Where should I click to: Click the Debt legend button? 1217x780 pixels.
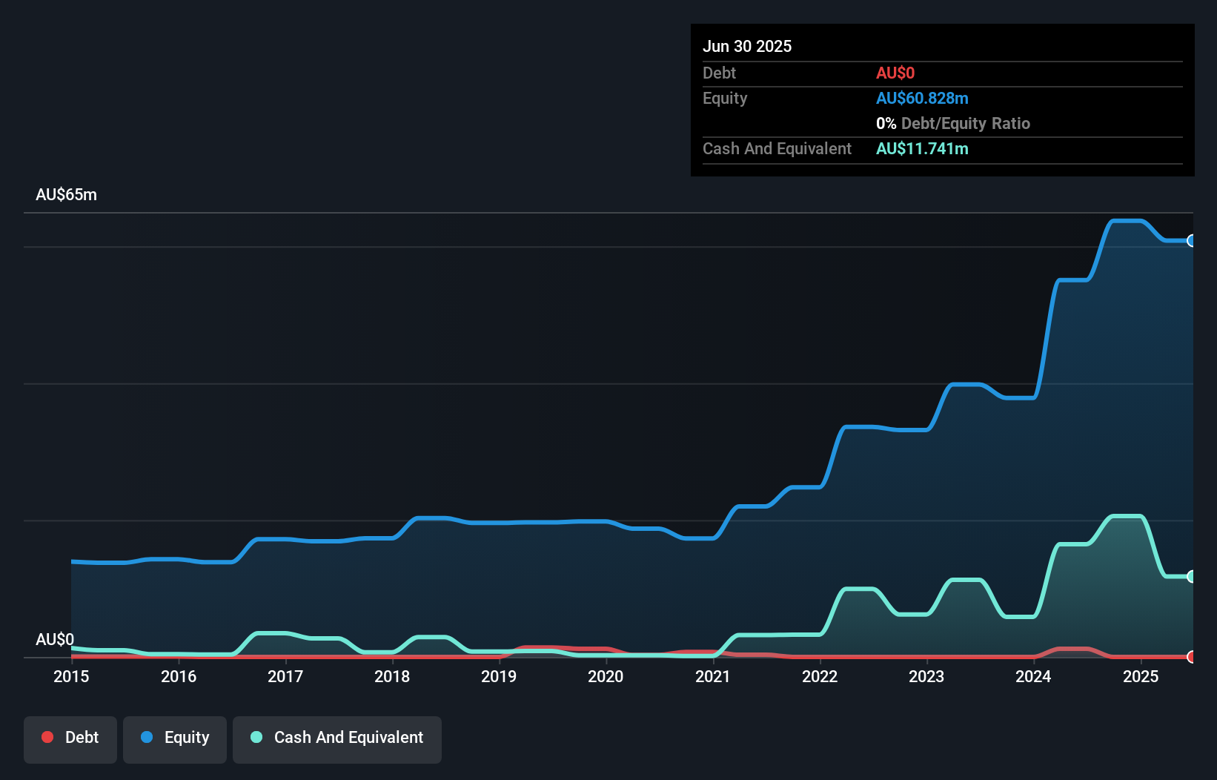70,738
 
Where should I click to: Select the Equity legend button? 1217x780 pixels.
175,738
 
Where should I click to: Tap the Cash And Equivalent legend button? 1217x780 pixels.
337,738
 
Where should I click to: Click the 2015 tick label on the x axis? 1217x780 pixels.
71,676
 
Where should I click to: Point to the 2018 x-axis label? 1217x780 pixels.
392,676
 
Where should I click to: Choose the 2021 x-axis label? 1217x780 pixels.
713,676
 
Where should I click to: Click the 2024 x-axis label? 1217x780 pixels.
1033,676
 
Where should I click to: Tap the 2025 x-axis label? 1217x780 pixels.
1141,676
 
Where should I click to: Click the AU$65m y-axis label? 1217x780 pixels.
66,195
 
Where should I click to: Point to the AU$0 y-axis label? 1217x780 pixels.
55,639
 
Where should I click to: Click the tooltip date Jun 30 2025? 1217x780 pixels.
747,46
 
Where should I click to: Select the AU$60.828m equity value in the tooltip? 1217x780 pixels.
922,99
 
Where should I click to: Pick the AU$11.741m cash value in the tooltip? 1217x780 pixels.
922,149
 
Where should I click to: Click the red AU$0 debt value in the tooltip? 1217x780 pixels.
895,73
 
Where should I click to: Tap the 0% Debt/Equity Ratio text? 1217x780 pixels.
953,124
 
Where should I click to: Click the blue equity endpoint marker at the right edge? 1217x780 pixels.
1191,240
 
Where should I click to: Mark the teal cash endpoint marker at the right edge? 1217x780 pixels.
1191,576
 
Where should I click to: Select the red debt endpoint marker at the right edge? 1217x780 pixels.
1191,656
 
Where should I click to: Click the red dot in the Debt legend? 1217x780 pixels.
47,737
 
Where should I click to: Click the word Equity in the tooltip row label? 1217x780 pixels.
725,99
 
